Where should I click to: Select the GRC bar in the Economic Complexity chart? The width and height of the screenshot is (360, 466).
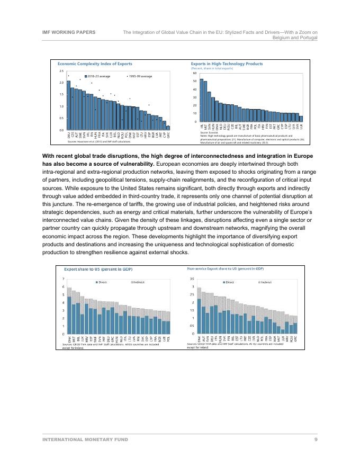168,128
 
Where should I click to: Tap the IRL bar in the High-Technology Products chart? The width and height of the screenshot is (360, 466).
201,100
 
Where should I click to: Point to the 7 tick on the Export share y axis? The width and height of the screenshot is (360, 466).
64,279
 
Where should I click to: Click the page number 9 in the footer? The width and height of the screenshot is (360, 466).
316,440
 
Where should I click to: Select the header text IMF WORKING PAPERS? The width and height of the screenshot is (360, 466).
69,32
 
